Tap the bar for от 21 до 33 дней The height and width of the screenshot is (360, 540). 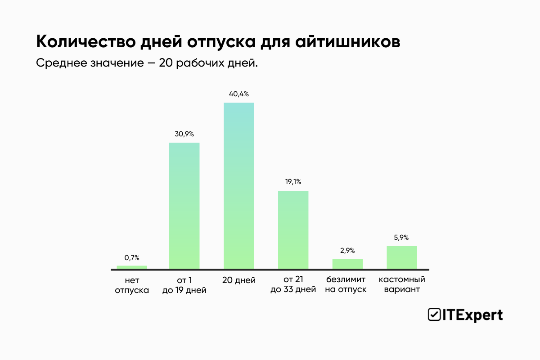[x=293, y=230]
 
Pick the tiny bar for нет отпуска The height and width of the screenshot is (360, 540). [x=132, y=267]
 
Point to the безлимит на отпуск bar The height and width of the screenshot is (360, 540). [x=347, y=264]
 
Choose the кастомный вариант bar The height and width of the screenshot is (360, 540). [x=402, y=257]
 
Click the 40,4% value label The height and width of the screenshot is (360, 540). [x=239, y=94]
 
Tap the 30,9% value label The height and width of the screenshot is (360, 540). [x=184, y=134]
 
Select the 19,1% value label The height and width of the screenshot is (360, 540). [x=293, y=182]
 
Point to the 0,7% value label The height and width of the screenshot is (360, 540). [x=132, y=257]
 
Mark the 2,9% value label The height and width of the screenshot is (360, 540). [x=347, y=250]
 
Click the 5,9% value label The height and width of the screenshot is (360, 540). [x=402, y=237]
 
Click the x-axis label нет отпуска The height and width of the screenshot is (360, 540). [x=132, y=285]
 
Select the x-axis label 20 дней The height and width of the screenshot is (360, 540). [x=239, y=280]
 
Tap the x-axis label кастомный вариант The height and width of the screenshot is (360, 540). [x=402, y=284]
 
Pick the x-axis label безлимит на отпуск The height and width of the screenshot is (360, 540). [x=346, y=284]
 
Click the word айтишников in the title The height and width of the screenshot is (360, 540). [x=347, y=41]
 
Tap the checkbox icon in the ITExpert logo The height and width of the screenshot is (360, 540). [x=434, y=315]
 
